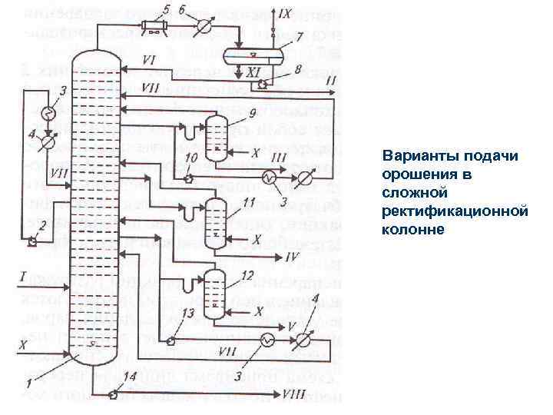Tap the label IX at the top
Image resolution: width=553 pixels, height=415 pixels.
click(x=284, y=13)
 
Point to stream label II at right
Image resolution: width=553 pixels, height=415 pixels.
click(x=332, y=80)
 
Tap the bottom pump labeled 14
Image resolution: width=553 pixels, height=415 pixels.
click(x=113, y=395)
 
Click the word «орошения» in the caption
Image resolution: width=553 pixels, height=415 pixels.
click(x=417, y=174)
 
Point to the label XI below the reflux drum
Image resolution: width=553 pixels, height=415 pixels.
click(x=255, y=71)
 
